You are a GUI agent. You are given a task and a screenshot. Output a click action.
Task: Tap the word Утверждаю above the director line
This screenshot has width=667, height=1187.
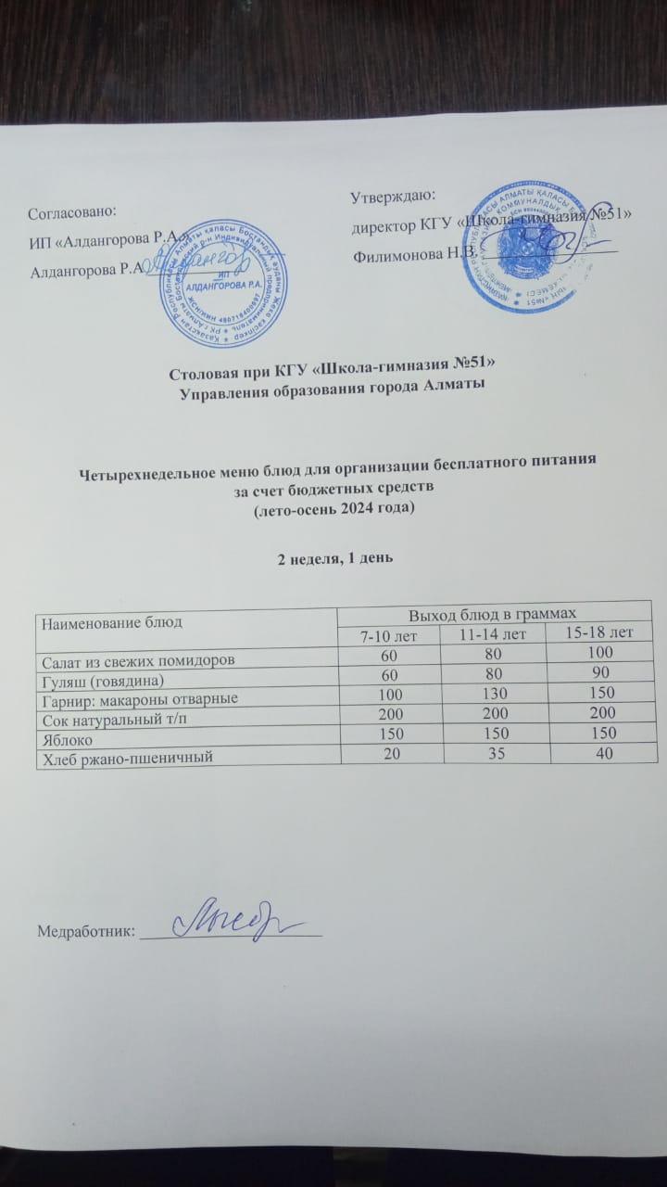point(394,195)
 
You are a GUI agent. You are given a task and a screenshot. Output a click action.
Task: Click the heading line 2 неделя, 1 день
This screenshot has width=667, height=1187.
point(334,558)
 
